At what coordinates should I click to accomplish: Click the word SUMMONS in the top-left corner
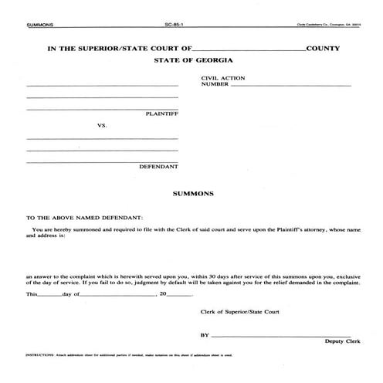(x=39, y=25)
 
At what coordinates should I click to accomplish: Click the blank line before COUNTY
(x=250, y=51)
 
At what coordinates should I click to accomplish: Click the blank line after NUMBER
(x=290, y=85)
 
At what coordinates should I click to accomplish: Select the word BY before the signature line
(x=205, y=336)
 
